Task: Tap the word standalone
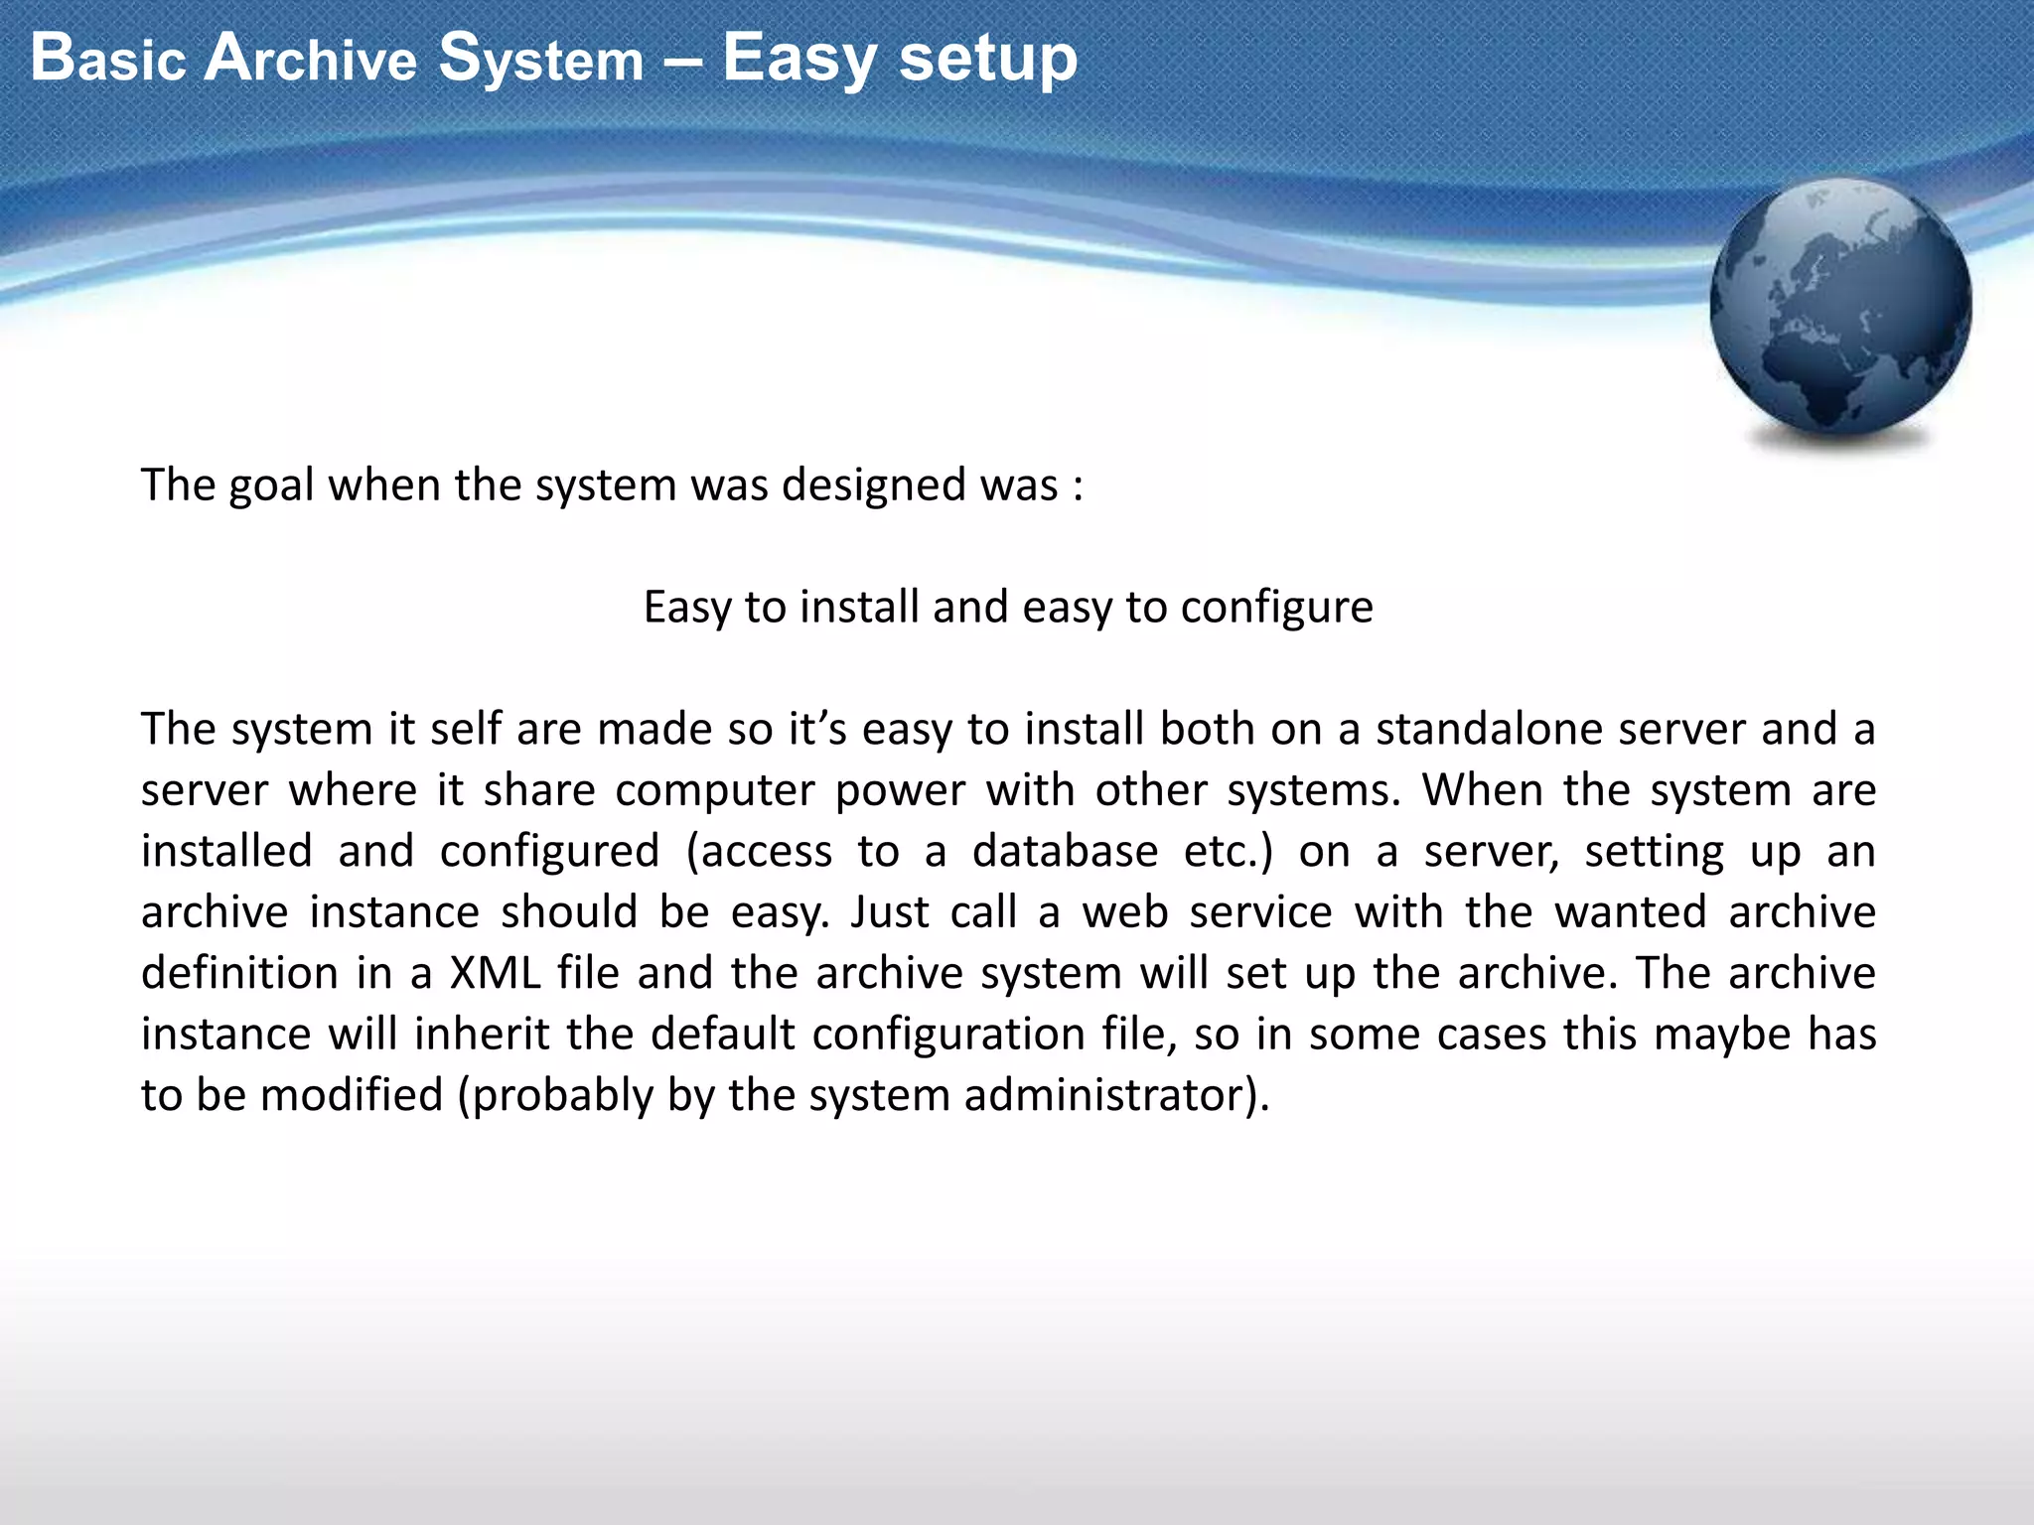click(x=1488, y=730)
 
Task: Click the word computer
click(x=715, y=791)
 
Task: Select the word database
click(x=1065, y=852)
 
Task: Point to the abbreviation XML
click(x=495, y=974)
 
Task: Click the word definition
click(x=239, y=974)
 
